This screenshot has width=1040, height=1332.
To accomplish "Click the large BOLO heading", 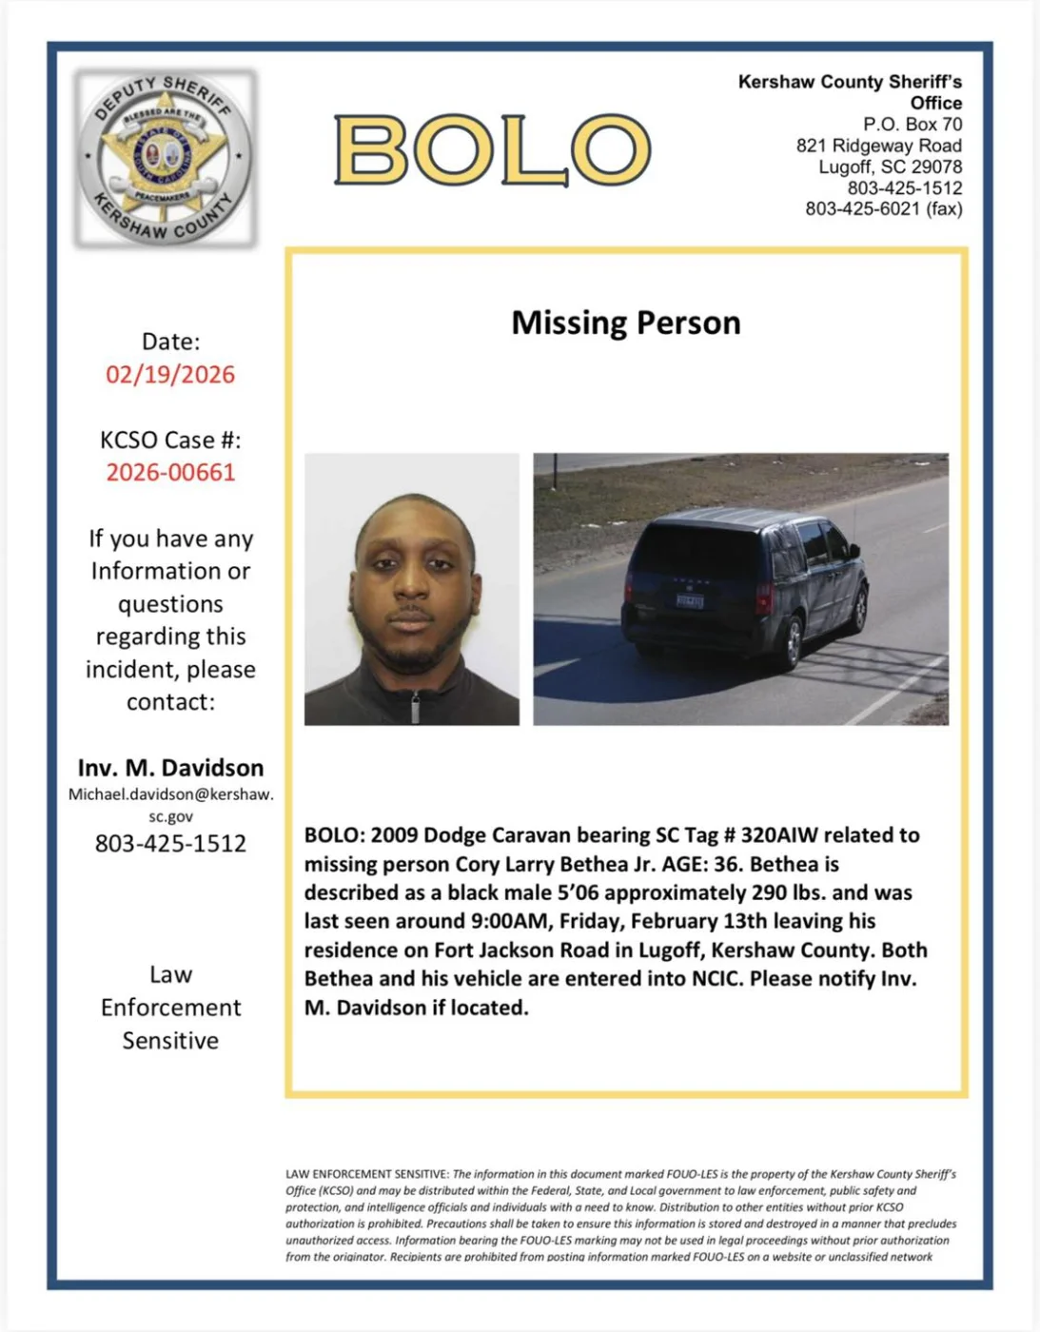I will [492, 149].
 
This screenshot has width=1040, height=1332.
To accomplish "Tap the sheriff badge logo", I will [166, 158].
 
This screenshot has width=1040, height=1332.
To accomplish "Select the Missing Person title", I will [625, 323].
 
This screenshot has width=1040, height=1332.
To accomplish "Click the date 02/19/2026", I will [170, 374].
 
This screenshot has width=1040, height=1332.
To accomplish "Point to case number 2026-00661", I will [170, 472].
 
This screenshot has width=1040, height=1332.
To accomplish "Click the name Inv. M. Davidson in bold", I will [170, 768].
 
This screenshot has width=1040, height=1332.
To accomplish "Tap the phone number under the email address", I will [170, 843].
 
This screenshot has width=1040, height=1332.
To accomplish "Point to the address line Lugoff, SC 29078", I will [890, 166].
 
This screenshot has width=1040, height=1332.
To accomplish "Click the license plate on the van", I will [689, 600].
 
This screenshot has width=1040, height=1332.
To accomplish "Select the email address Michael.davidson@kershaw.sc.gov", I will [170, 805].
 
